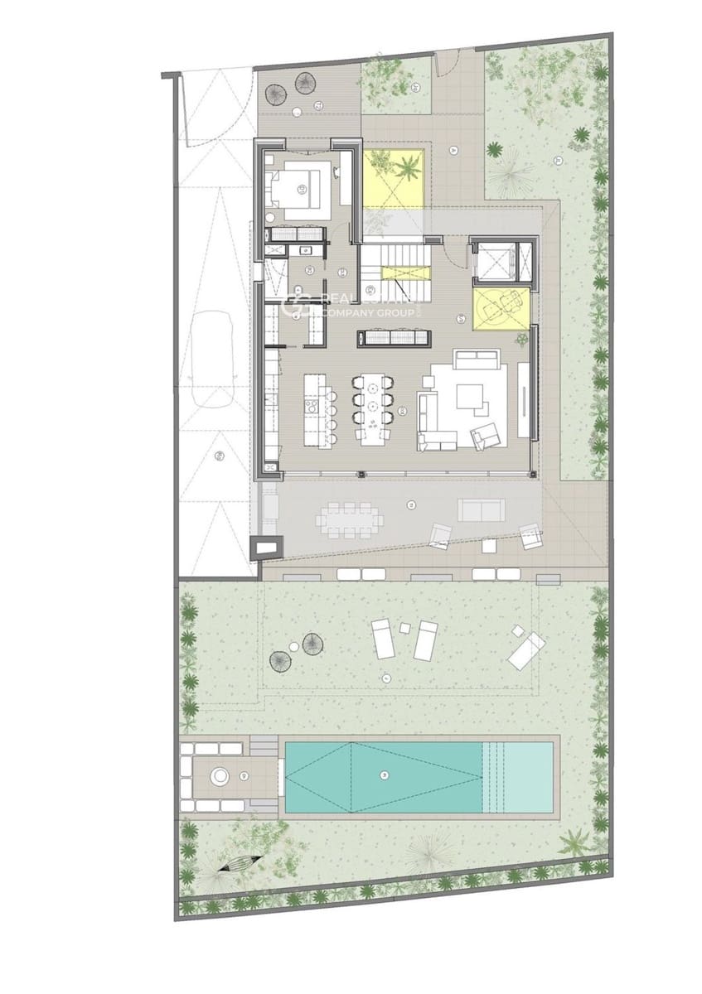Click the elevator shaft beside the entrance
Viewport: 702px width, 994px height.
coord(494,261)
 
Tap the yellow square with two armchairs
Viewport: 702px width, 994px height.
coord(497,307)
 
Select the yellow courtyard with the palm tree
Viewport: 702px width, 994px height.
coord(395,177)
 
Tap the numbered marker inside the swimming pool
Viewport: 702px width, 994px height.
coord(382,774)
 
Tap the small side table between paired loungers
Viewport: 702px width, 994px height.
coord(404,628)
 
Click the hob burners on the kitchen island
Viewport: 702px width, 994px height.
coord(311,405)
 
